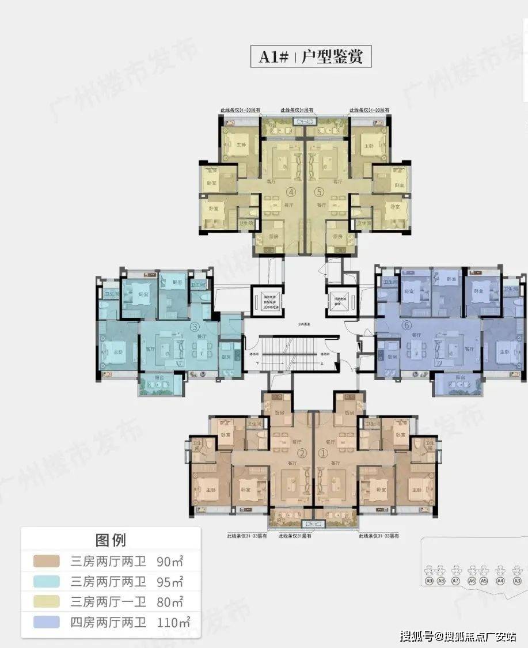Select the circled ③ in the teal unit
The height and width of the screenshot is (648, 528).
tap(195, 327)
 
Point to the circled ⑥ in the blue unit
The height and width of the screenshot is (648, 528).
tap(407, 325)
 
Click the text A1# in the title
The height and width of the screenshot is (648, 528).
tap(272, 57)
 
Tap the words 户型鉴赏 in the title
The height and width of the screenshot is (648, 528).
tap(332, 57)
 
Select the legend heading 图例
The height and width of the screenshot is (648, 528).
tap(111, 540)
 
